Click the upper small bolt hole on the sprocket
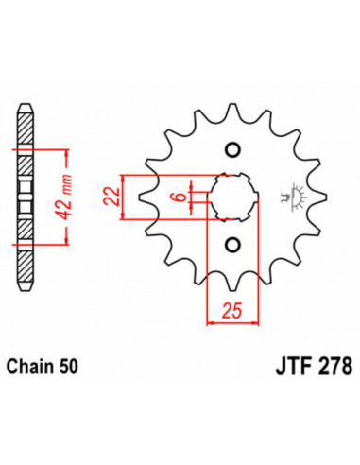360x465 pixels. (x=231, y=151)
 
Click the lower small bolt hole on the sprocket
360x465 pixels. (x=231, y=245)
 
